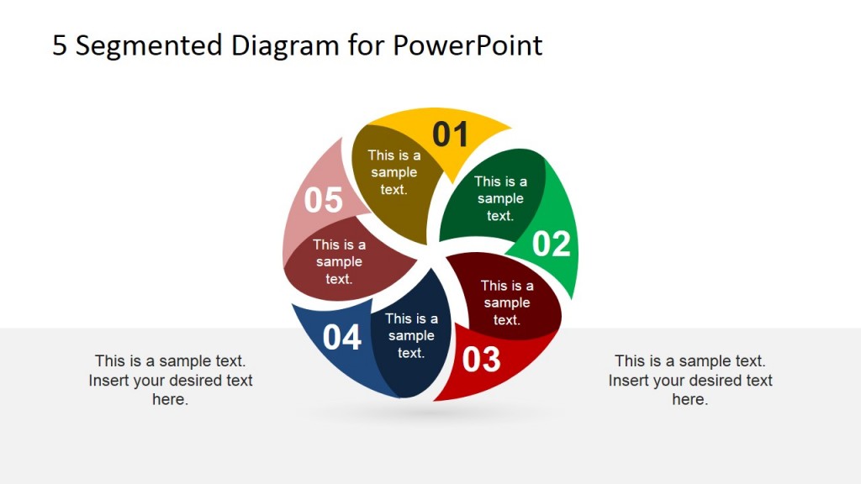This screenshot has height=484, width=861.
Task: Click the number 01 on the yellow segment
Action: click(x=450, y=134)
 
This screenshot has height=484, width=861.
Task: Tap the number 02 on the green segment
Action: click(x=552, y=244)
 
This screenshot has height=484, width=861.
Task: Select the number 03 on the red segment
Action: click(x=482, y=360)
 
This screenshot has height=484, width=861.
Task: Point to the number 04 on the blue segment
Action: click(x=342, y=338)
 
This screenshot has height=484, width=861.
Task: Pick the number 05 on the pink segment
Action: click(x=324, y=201)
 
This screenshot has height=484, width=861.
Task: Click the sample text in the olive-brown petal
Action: click(x=394, y=172)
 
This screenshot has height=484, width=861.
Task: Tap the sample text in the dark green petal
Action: click(x=500, y=198)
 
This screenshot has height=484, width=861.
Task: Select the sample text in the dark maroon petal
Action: click(x=506, y=302)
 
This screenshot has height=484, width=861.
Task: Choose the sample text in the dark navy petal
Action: click(x=411, y=335)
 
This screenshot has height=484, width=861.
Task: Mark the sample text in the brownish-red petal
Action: click(x=339, y=261)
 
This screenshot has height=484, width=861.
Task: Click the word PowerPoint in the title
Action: click(x=467, y=45)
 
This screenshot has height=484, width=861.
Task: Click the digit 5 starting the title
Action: click(x=60, y=45)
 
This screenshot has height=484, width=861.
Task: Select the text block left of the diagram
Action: click(x=170, y=380)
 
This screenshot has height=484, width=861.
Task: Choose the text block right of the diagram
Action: click(x=689, y=380)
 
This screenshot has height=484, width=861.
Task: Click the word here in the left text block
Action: click(x=170, y=400)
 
